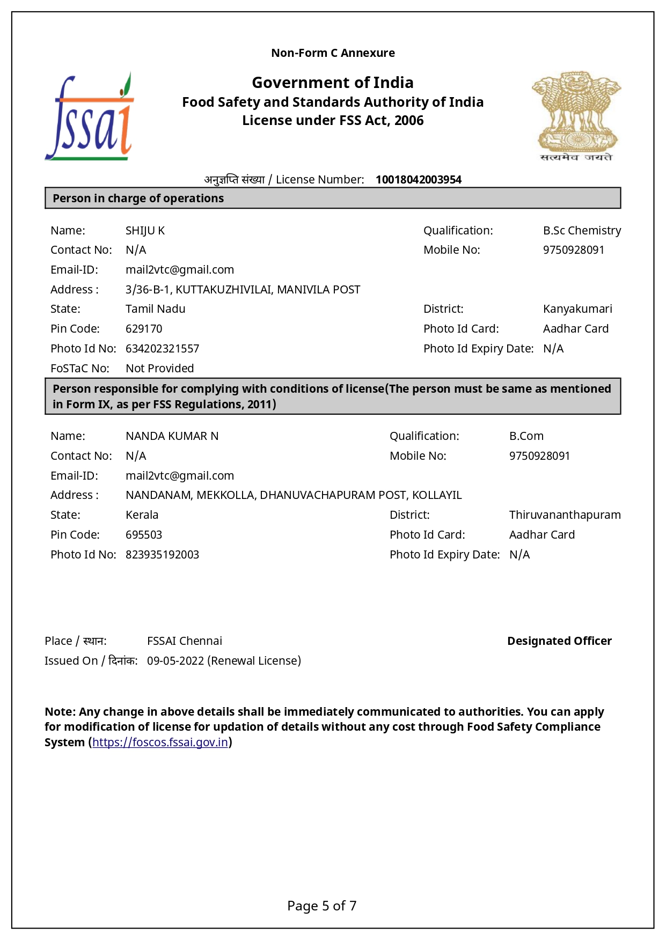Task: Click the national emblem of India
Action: click(576, 116)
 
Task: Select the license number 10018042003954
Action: click(418, 180)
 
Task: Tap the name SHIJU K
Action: click(145, 231)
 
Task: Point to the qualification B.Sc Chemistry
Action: click(582, 231)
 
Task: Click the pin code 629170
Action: click(144, 329)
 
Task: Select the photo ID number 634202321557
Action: click(162, 349)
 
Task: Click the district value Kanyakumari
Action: click(577, 309)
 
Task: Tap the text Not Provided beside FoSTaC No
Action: click(159, 369)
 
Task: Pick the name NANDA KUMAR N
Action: click(172, 436)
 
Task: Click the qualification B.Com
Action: click(526, 436)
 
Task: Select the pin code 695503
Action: click(144, 535)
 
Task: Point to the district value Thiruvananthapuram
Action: click(565, 515)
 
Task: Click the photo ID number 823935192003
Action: click(162, 555)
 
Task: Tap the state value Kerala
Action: click(142, 515)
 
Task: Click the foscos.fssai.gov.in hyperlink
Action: click(160, 742)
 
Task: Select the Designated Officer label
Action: click(559, 641)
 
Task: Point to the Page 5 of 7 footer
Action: click(321, 906)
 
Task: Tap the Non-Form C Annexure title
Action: click(333, 53)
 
